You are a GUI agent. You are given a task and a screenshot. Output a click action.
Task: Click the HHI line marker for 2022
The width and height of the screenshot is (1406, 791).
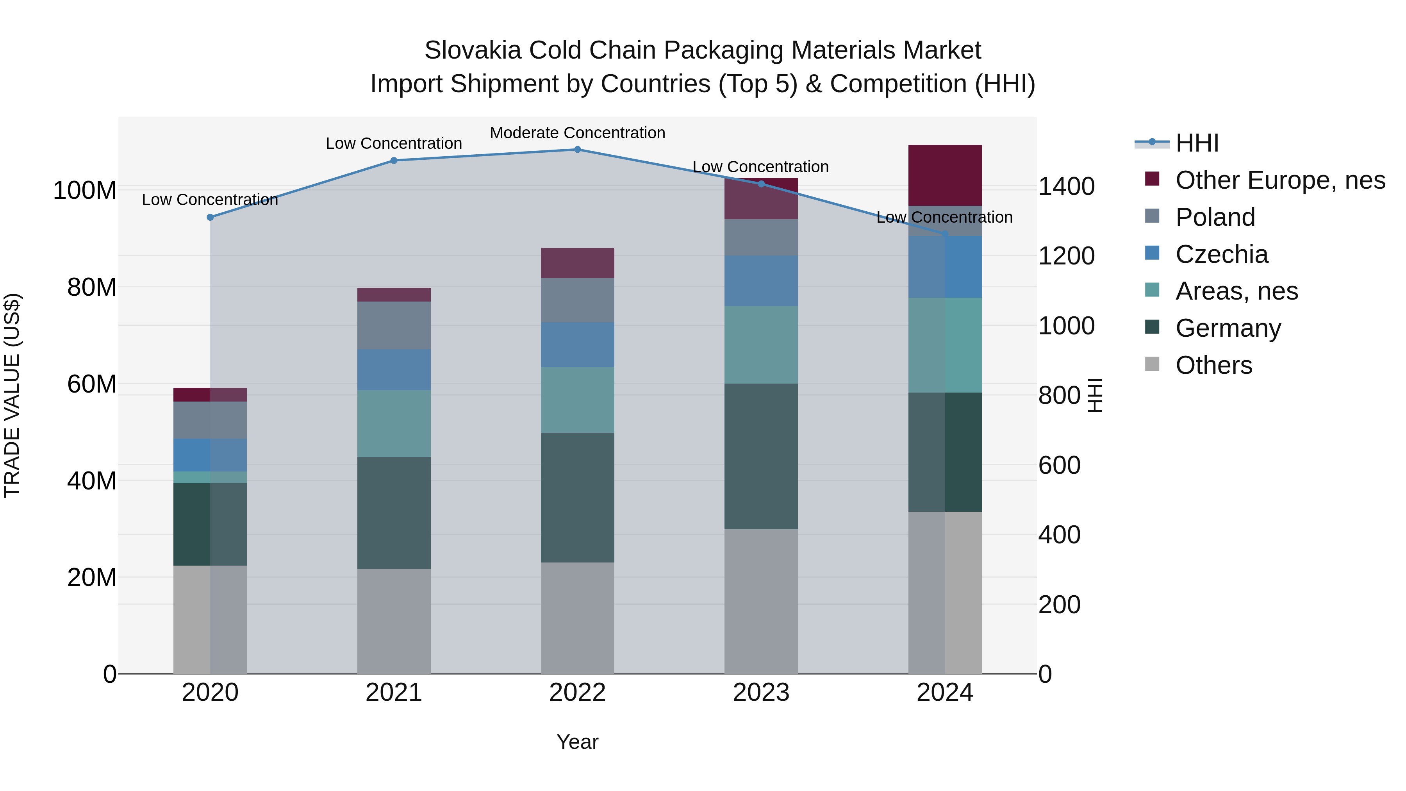coord(578,150)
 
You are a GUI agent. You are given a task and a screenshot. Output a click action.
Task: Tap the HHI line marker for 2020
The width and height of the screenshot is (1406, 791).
coord(210,217)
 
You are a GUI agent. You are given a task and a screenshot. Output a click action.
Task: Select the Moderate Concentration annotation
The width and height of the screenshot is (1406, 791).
coord(578,133)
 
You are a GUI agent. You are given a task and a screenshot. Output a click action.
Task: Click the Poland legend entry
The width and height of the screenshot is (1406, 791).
coord(1215,217)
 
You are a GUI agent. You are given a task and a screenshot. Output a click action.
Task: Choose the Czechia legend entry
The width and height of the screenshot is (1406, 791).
coord(1222,254)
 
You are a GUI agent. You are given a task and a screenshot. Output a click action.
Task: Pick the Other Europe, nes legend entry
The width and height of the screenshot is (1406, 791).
coord(1280,180)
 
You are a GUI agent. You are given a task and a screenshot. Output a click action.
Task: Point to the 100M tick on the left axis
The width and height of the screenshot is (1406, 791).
coord(85,191)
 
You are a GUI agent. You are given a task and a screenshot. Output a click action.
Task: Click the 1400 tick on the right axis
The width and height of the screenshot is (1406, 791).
coord(1066,187)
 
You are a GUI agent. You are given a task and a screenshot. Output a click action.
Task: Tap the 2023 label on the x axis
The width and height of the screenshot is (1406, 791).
coord(761,693)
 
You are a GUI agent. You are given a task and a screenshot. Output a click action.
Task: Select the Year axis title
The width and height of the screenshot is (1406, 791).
coord(578,742)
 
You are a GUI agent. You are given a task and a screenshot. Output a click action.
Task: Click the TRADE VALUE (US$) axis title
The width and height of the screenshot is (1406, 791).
coord(12,395)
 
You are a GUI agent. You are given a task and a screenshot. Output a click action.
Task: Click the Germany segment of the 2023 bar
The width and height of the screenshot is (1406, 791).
coord(761,456)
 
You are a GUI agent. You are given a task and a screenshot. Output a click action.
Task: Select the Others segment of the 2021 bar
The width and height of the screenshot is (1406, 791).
coord(394,621)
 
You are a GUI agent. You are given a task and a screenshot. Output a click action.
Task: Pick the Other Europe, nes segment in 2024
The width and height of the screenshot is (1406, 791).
coord(945,175)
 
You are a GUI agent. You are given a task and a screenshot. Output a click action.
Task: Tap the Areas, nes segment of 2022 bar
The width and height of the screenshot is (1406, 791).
coord(578,400)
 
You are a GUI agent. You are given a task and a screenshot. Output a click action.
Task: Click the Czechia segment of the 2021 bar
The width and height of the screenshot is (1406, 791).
coord(394,370)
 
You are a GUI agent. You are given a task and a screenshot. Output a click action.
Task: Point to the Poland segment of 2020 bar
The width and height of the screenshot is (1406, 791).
coord(210,420)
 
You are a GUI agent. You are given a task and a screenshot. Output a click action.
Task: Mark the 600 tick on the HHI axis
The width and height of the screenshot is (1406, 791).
coord(1059,466)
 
